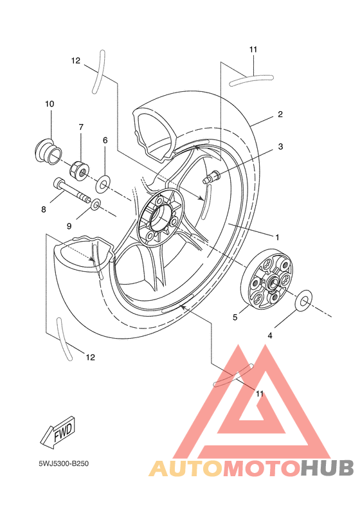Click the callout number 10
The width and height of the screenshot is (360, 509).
(50, 104)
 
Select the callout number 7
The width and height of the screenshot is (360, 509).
(81, 127)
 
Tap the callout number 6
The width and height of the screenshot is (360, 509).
(105, 140)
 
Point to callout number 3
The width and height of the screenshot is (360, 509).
(280, 147)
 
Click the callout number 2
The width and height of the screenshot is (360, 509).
(280, 114)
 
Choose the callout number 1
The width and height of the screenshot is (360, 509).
(277, 238)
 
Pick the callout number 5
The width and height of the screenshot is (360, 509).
(235, 317)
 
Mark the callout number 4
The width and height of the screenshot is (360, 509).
(270, 336)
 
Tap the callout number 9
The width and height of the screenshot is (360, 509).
(69, 226)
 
